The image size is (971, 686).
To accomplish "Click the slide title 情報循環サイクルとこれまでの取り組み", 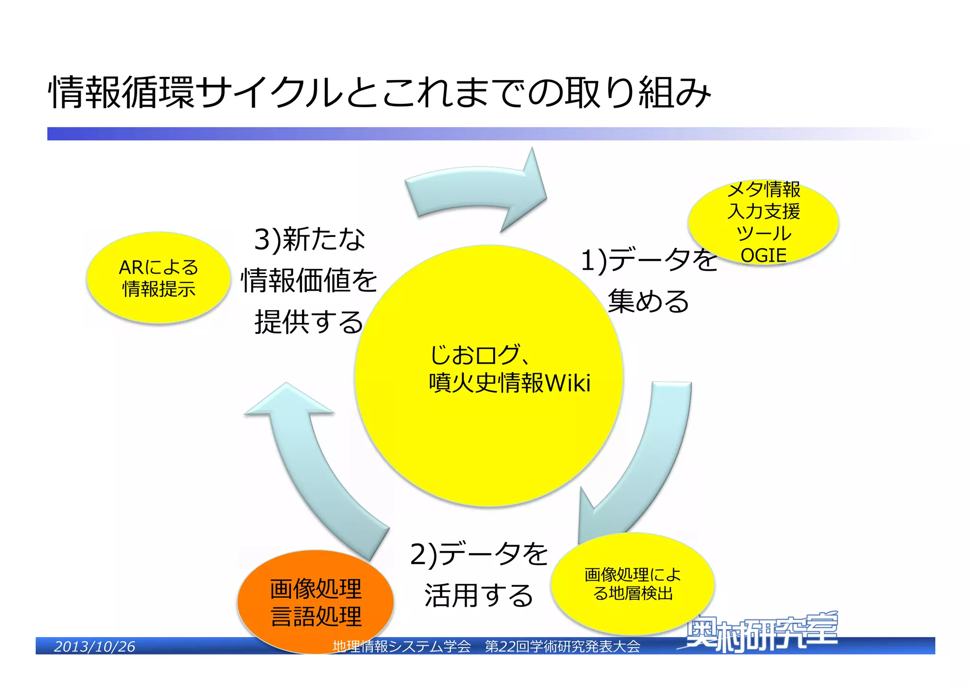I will point(379,92).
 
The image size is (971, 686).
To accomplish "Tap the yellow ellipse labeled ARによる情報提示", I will point(158,278).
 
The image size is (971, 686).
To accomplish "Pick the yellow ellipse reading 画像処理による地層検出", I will point(632,584).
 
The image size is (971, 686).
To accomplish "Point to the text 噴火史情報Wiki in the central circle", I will point(510,383).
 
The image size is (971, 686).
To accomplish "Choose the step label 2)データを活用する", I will point(479,575).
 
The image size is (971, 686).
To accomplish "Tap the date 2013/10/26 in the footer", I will point(94,647).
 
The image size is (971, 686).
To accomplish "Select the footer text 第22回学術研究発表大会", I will point(562,647).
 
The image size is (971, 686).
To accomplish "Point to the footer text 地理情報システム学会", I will point(402,647).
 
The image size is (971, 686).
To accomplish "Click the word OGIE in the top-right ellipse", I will point(763,256).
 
